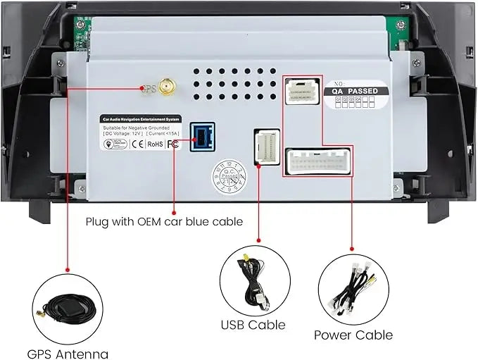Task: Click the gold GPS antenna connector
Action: click(x=167, y=88)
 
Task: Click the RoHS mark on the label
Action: click(x=155, y=144)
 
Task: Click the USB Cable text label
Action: click(x=253, y=325)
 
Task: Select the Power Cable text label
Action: click(x=353, y=335)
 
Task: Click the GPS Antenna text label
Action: click(x=68, y=354)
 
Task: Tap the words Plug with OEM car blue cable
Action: click(x=164, y=221)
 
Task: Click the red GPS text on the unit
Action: click(x=148, y=89)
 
